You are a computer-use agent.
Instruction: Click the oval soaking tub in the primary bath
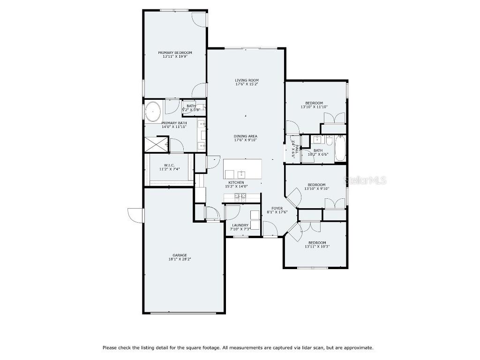tap(153, 112)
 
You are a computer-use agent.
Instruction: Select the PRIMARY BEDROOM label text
tap(175, 52)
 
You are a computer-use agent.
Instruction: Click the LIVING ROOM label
tap(247, 80)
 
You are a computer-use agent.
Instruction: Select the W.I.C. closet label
tap(169, 165)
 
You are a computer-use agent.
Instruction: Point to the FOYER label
tap(277, 208)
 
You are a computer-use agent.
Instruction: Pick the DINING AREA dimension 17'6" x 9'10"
tap(246, 140)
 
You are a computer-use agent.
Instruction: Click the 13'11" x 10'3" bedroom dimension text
tap(317, 246)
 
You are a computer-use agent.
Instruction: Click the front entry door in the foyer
tap(270, 229)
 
